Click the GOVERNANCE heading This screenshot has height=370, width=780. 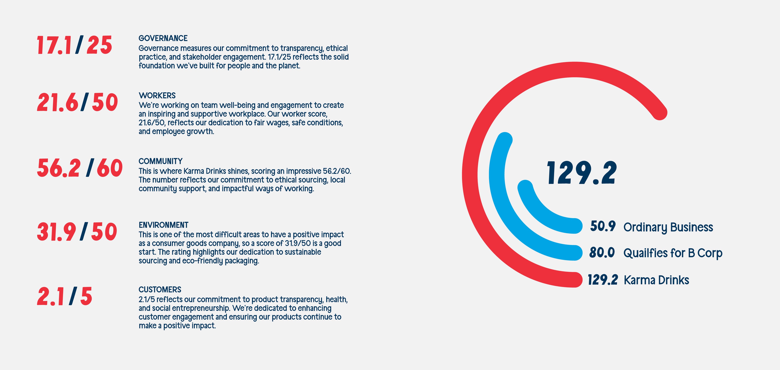163,38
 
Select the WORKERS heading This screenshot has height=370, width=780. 157,96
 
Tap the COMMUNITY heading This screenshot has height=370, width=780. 160,161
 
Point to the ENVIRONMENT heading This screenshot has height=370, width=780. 164,225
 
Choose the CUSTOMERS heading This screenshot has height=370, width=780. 160,289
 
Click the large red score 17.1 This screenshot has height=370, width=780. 54,45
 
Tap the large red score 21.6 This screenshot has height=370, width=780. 57,102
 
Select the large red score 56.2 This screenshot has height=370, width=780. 59,168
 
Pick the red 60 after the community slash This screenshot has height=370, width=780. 110,168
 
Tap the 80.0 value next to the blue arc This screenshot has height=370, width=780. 602,252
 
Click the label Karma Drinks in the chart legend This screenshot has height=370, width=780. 656,280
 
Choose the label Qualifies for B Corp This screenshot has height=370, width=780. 673,253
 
